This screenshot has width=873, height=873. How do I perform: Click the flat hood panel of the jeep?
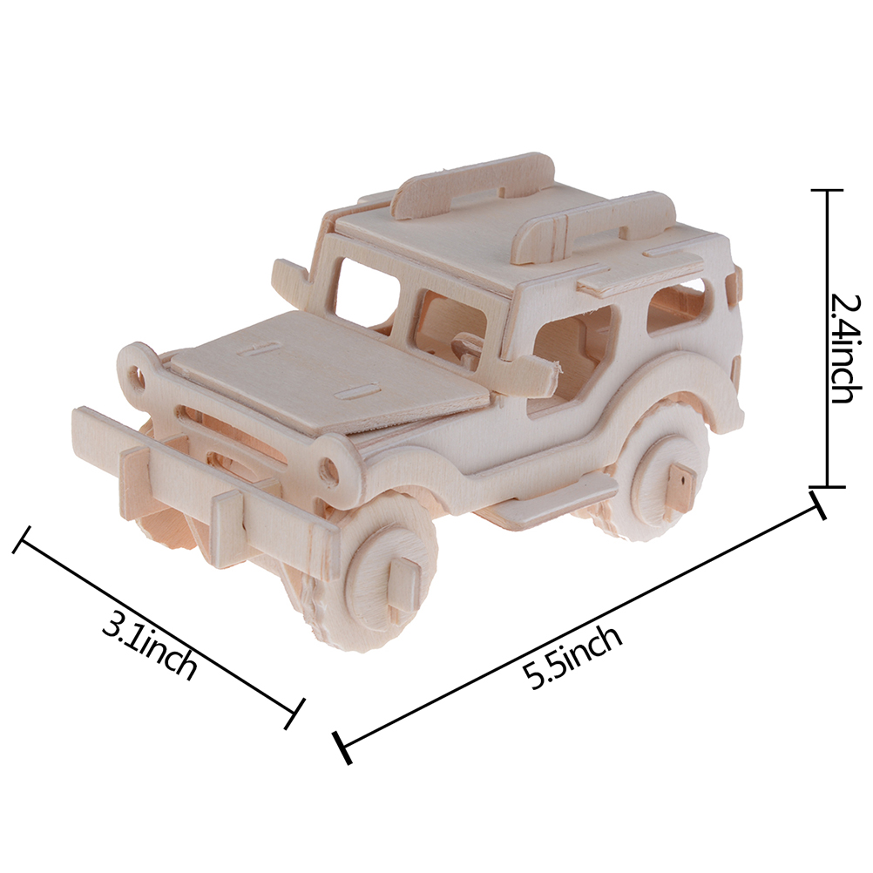tap(328, 368)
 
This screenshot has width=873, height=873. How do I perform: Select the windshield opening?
tap(368, 295)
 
